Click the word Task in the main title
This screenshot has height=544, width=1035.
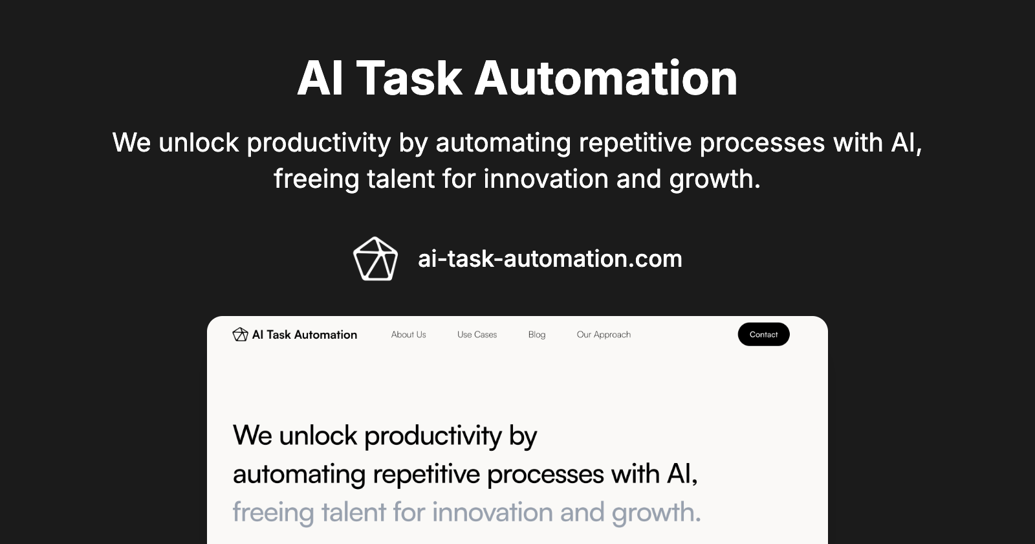[409, 78]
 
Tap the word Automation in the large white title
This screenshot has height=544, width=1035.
[606, 78]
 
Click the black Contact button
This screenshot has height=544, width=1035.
[763, 334]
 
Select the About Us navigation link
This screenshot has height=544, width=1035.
[408, 335]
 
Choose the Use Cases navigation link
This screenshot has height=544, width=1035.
[477, 335]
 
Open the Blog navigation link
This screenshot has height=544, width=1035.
[536, 335]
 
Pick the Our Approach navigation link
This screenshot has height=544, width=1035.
[604, 335]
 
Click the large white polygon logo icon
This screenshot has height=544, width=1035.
[375, 259]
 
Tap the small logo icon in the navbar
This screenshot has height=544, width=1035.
[240, 334]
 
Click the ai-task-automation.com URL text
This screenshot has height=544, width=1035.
[550, 259]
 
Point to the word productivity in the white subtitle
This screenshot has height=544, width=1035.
[318, 143]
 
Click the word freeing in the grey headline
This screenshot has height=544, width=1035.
[273, 513]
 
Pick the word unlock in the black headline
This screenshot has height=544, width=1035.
[318, 436]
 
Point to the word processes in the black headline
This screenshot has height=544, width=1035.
[545, 475]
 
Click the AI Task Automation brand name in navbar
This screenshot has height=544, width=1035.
[304, 335]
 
